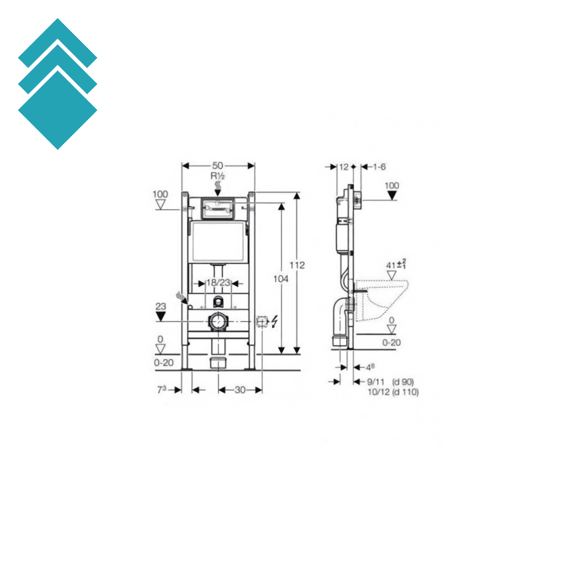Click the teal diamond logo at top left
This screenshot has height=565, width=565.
click(x=57, y=84)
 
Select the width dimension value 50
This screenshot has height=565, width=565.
click(x=218, y=166)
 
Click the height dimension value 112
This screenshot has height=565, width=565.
click(x=297, y=265)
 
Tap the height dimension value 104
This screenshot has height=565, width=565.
click(x=281, y=279)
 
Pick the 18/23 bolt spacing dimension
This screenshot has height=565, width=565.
click(x=218, y=283)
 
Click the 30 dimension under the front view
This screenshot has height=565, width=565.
click(x=239, y=390)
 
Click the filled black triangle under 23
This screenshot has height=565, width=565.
click(x=161, y=316)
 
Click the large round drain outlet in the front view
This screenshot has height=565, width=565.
click(x=218, y=322)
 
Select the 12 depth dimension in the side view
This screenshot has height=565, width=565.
click(x=344, y=167)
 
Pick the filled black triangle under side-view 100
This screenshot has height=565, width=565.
click(x=392, y=195)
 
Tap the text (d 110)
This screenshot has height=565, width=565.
click(x=405, y=392)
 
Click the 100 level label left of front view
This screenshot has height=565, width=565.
click(x=160, y=194)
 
